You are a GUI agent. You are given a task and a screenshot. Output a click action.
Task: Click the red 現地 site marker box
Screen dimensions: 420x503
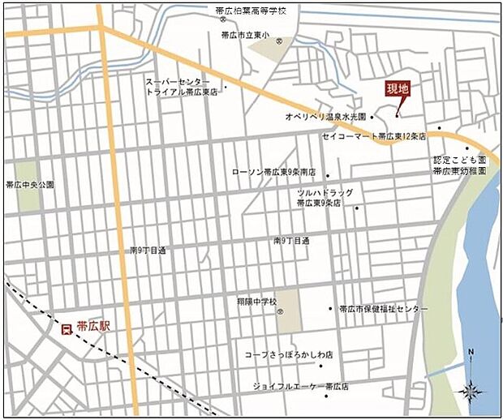pos(398,90)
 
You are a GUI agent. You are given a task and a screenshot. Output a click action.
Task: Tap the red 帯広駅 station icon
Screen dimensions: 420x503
pos(67,328)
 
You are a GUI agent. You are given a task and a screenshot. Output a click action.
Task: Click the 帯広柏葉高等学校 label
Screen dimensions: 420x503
pos(251,11)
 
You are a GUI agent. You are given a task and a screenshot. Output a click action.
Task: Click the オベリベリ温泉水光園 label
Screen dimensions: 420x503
pos(325,117)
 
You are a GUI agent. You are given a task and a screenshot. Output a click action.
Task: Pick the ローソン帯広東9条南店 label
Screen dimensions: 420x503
pos(273,172)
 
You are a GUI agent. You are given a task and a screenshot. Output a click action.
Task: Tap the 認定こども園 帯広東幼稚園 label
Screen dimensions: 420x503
pos(459,166)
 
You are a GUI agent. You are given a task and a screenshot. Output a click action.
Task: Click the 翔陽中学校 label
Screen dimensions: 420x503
pos(250,301)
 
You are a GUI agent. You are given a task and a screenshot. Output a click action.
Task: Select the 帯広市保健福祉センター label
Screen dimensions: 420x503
pos(383,309)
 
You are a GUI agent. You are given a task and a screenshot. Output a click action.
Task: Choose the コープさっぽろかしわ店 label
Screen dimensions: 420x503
pos(289,355)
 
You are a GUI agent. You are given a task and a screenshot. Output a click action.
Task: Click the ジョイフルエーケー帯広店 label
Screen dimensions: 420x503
pos(300,386)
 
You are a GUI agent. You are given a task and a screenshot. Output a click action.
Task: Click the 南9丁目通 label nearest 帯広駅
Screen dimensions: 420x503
pos(147,251)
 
